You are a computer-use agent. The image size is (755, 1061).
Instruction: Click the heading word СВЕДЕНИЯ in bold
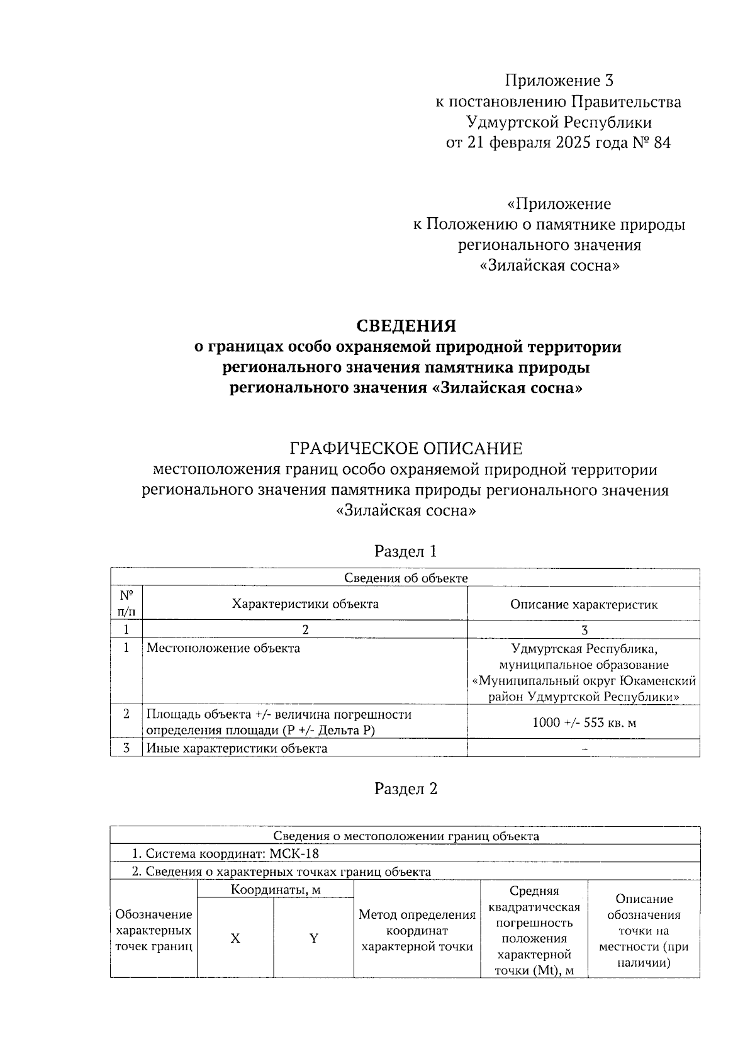click(x=406, y=325)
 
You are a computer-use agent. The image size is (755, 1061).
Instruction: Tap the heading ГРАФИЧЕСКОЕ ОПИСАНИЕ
click(x=406, y=449)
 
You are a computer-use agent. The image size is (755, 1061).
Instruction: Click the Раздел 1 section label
click(x=406, y=551)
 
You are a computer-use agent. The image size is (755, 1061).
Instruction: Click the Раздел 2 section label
click(x=406, y=789)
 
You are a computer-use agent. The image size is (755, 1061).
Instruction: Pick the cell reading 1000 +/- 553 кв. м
click(x=584, y=722)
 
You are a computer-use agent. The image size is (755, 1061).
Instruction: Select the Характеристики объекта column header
click(x=305, y=604)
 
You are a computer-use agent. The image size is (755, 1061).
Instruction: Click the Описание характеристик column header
click(x=584, y=605)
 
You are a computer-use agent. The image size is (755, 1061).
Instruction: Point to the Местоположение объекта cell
click(x=223, y=648)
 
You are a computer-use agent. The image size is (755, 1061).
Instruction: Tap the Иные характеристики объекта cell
click(x=237, y=748)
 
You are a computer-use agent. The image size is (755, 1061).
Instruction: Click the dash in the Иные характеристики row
click(x=585, y=749)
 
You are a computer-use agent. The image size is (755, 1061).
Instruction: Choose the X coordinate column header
click(x=235, y=938)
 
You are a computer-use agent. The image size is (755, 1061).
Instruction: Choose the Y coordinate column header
click(x=313, y=938)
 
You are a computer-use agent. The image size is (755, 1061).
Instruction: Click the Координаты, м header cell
click(x=276, y=889)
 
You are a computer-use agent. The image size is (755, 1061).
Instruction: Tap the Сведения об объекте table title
click(x=406, y=578)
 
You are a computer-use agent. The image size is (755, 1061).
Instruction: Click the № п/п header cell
click(x=126, y=603)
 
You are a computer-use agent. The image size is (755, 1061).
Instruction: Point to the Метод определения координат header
click(x=417, y=930)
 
